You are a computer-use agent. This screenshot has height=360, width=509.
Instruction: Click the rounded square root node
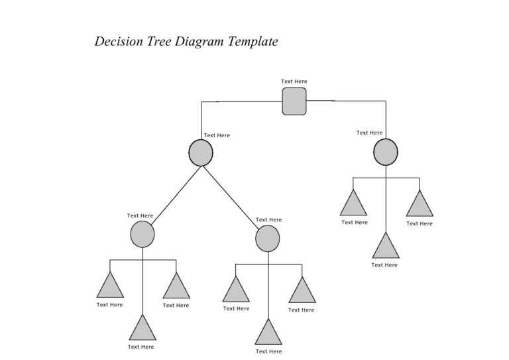coord(294,101)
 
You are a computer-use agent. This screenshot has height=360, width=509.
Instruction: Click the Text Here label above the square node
coord(294,82)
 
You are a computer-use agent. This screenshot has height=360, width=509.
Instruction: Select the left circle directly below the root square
coord(201,153)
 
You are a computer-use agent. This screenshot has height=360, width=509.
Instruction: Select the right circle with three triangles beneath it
coord(386,152)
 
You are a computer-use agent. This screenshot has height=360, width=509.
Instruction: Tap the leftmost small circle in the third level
coord(142,235)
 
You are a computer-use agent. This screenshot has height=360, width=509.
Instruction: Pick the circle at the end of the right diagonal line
coord(268,239)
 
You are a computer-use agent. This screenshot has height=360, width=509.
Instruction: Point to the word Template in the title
coord(253,42)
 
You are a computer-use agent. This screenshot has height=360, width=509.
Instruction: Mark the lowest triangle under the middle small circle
coord(268,333)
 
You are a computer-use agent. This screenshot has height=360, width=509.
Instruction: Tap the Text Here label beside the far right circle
coord(369,133)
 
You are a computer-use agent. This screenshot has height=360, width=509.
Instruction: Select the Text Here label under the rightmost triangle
coord(420,223)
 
